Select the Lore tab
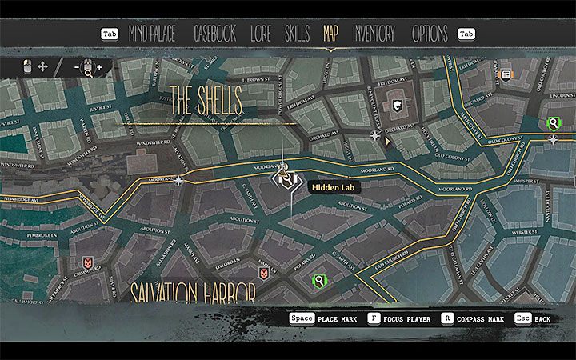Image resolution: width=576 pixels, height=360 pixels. click(261, 34)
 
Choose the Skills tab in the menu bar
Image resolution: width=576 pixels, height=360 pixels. click(298, 34)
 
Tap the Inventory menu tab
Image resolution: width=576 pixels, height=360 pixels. click(374, 34)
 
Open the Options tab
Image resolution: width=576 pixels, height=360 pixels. click(430, 34)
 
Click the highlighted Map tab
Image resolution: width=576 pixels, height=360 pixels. click(330, 34)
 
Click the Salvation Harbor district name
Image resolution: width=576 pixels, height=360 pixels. click(192, 290)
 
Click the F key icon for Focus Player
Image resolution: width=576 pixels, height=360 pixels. click(373, 318)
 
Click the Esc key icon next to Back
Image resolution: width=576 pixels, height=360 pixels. click(523, 318)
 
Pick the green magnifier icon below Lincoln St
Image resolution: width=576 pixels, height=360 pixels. click(553, 123)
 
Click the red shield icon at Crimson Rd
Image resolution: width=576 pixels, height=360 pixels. click(86, 262)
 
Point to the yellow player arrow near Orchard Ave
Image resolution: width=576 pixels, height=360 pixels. click(388, 141)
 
